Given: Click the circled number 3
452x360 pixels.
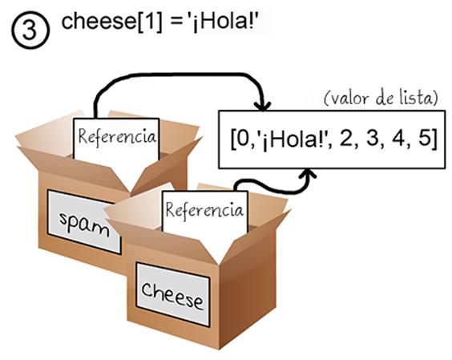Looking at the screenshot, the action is coord(30,30).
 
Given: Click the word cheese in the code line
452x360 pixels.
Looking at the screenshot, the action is coord(99,21).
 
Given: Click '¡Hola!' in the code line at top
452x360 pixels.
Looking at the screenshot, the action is coord(222,22).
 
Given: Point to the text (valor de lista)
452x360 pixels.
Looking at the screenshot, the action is coord(381,99).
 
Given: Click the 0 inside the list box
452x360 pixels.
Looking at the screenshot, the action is coord(243,140).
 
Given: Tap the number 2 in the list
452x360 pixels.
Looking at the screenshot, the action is coord(347,140).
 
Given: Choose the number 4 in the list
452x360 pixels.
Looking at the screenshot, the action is coord(398,140).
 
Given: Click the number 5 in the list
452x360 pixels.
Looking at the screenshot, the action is coord(424,140).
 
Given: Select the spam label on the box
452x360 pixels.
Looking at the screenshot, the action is coord(84,222).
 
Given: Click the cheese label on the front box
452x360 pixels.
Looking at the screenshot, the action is coord(172,294).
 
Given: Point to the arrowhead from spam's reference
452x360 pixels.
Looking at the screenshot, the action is coord(262,106).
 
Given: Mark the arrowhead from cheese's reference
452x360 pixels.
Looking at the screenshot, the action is coord(309,174).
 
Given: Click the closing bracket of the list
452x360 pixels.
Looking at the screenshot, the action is coord(434,140).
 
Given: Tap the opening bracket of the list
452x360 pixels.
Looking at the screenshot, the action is coord(233,140).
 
